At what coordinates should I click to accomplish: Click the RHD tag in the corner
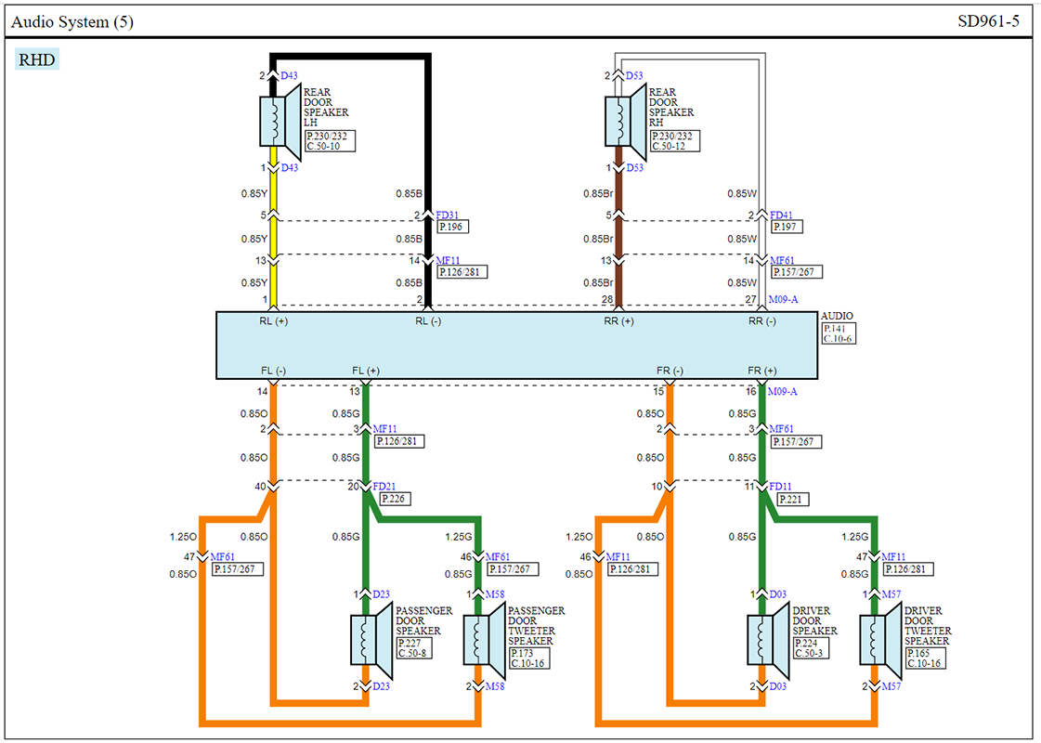point(37,59)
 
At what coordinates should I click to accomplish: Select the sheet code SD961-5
point(988,21)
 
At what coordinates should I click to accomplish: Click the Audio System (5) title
point(72,22)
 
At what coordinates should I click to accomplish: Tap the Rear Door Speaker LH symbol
point(280,122)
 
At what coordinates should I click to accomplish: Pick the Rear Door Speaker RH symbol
point(625,122)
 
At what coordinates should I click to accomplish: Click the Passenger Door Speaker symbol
point(371,640)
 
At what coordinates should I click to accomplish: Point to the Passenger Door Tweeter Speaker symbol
point(484,640)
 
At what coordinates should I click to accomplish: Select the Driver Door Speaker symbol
point(768,640)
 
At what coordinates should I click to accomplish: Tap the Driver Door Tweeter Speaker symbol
point(880,640)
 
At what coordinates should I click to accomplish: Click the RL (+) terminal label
point(274,321)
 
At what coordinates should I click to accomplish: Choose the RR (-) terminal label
point(762,321)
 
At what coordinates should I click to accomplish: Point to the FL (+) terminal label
point(366,371)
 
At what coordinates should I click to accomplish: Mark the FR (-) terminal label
point(670,371)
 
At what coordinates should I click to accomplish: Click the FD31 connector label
point(448,215)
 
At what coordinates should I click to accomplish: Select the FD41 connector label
point(781,215)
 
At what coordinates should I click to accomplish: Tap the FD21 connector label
point(384,487)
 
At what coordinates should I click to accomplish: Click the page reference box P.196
point(452,228)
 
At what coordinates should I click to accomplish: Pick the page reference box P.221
point(792,499)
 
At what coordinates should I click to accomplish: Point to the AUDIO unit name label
point(838,316)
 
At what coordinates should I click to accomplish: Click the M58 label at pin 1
point(495,594)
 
